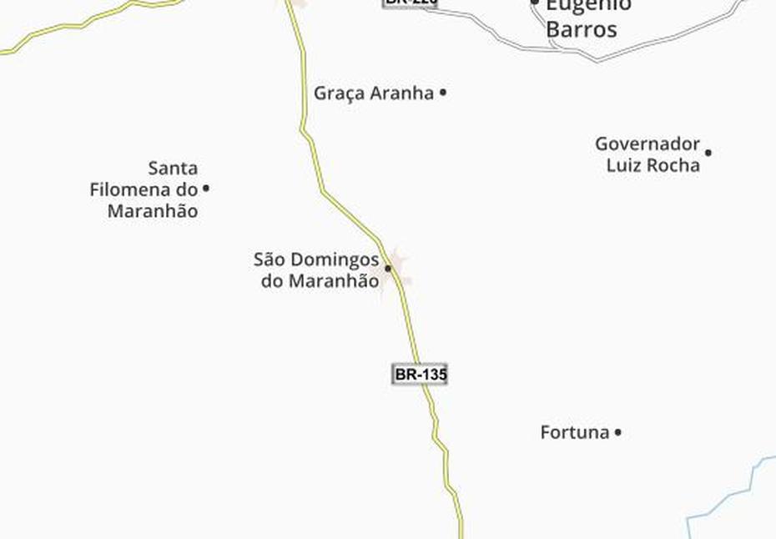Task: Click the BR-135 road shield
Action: pyautogui.click(x=420, y=375)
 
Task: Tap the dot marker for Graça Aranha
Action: pyautogui.click(x=443, y=93)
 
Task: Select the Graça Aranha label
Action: pyautogui.click(x=374, y=93)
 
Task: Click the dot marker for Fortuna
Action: pyautogui.click(x=618, y=432)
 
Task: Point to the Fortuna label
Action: pyautogui.click(x=574, y=432)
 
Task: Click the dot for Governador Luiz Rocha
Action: pyautogui.click(x=708, y=153)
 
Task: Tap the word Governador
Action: pyautogui.click(x=647, y=144)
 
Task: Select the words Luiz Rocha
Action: pyautogui.click(x=653, y=165)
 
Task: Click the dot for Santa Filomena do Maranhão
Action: pyautogui.click(x=206, y=189)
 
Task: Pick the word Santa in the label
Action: pyautogui.click(x=173, y=169)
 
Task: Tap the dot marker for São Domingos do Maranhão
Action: pyautogui.click(x=388, y=269)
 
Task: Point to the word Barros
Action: pyautogui.click(x=582, y=30)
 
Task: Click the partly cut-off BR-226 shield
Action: pyautogui.click(x=410, y=3)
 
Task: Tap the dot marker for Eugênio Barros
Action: pyautogui.click(x=536, y=3)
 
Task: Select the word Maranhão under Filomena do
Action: pyautogui.click(x=153, y=211)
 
